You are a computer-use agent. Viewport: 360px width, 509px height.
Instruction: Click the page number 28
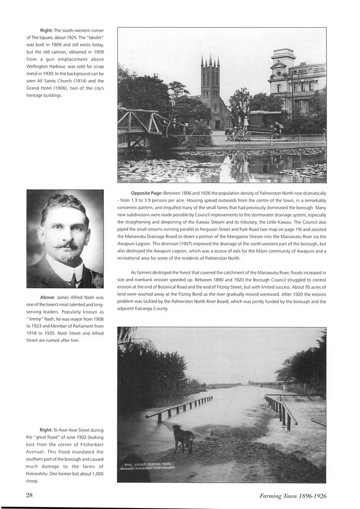tap(29, 495)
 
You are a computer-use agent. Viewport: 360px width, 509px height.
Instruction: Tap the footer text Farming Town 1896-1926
tap(293, 496)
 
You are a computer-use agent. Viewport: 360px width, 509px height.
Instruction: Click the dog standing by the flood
tap(183, 438)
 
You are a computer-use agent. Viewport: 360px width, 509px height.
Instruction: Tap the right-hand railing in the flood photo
tap(281, 411)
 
